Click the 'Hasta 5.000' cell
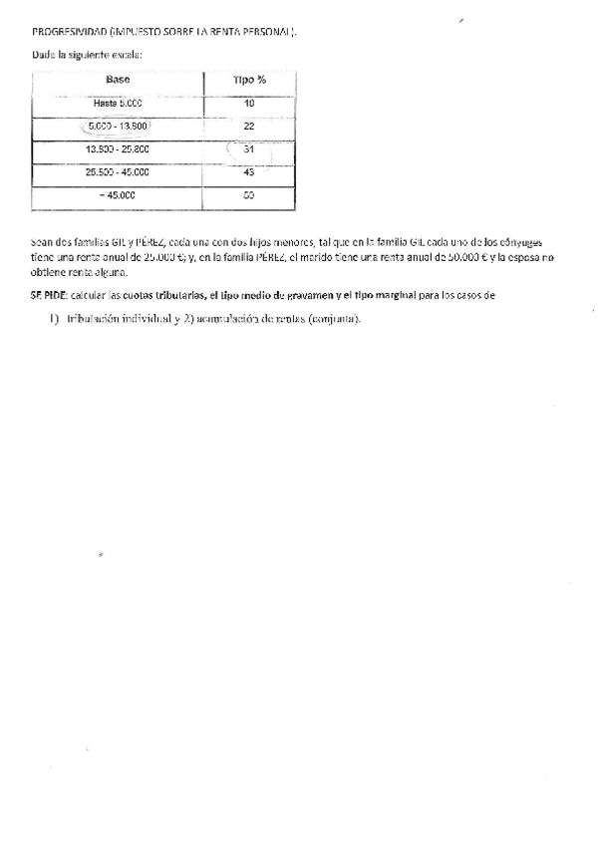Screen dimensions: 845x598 click(118, 103)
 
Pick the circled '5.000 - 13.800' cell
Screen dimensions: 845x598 click(119, 127)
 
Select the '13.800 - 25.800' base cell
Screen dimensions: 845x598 click(118, 149)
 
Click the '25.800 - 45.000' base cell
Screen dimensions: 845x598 click(118, 172)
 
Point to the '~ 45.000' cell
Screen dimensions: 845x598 click(118, 196)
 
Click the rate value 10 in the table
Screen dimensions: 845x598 click(249, 103)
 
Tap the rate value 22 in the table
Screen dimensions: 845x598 click(249, 127)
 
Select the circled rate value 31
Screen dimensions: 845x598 click(249, 149)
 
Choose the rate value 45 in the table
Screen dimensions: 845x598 click(249, 172)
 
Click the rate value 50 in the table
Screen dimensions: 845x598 click(249, 196)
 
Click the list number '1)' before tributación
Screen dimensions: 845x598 click(55, 319)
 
